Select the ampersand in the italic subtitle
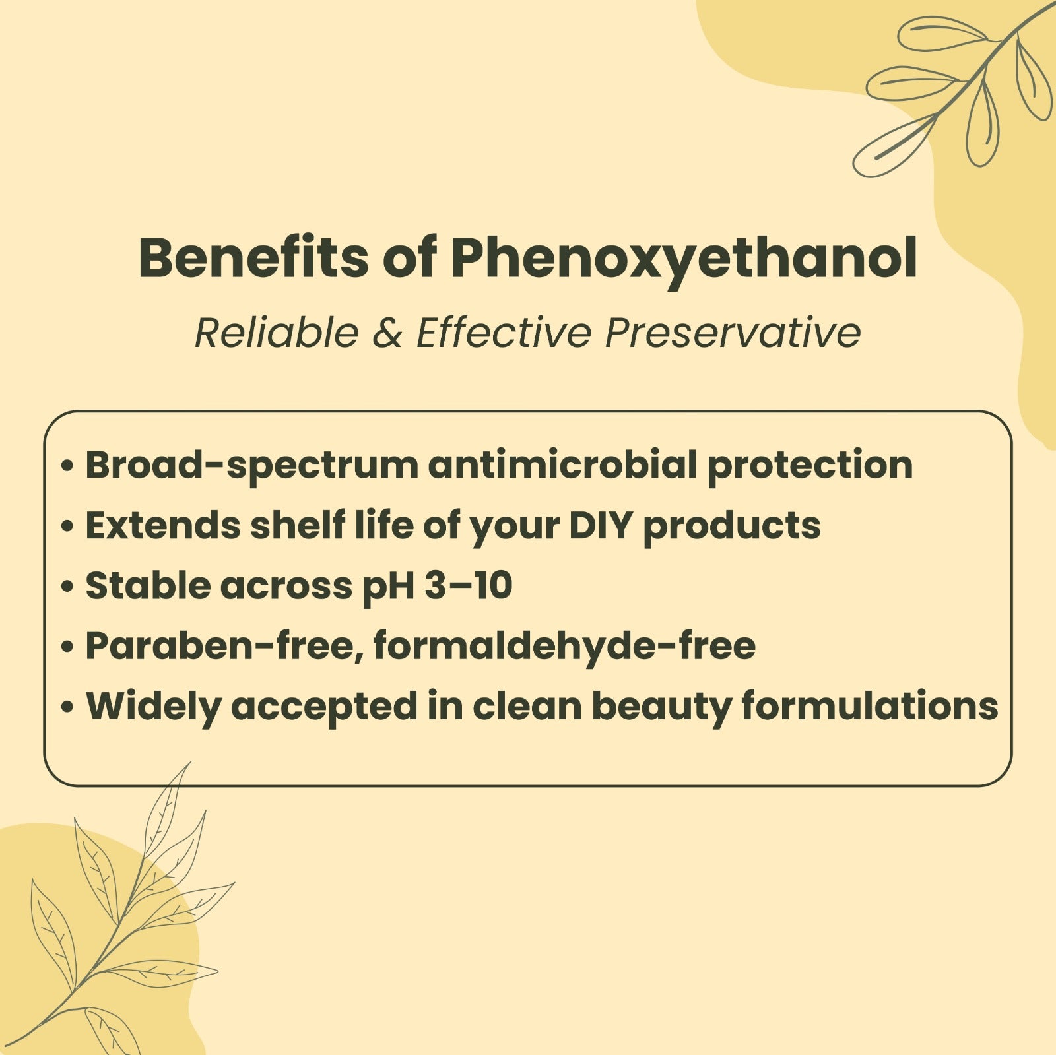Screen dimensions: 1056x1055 pos(387,332)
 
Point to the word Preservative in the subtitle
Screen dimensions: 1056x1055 pos(733,332)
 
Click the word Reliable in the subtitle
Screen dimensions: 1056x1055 pos(277,332)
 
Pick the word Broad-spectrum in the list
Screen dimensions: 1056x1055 pos(252,466)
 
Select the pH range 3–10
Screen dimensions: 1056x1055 pos(469,586)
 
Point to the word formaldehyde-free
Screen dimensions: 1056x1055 pos(564,645)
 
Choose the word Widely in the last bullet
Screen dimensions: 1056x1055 pos(154,707)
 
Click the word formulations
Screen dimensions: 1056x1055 pos(869,705)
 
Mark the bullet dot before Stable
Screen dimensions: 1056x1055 pos(66,587)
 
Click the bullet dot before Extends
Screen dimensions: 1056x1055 pos(66,527)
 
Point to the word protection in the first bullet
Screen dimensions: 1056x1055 pos(810,466)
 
